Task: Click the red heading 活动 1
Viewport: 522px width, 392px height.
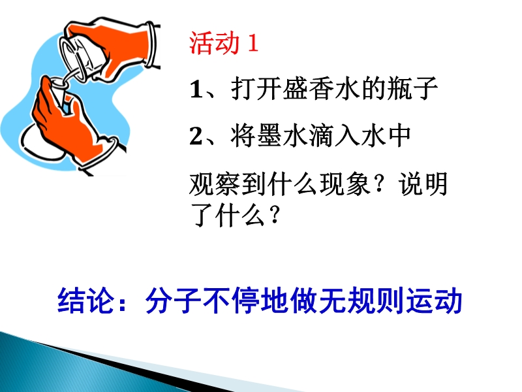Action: pyautogui.click(x=224, y=43)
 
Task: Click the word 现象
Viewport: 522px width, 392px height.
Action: pyautogui.click(x=345, y=184)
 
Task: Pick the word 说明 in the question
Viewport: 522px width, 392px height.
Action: pyautogui.click(x=423, y=184)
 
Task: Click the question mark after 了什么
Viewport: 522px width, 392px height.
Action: pyautogui.click(x=275, y=215)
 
